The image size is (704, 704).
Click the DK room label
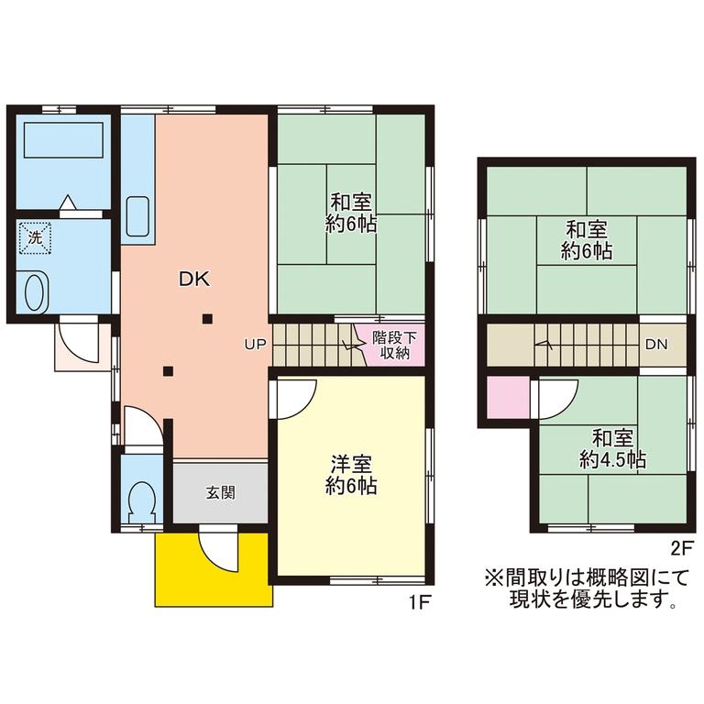(x=194, y=280)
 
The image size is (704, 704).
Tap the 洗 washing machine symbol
(x=35, y=238)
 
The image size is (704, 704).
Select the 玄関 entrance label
(x=220, y=493)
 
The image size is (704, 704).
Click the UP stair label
(x=256, y=345)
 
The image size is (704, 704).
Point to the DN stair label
(x=656, y=345)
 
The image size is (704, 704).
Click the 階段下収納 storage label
(x=395, y=345)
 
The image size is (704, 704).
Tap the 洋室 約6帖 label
(x=351, y=475)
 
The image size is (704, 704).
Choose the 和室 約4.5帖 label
(x=612, y=448)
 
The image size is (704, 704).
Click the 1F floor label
(x=419, y=602)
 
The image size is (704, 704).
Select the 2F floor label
(x=683, y=549)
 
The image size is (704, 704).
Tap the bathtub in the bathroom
(x=64, y=139)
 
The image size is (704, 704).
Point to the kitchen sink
(x=137, y=216)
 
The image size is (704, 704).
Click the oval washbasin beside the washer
(x=34, y=292)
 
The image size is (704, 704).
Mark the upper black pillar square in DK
(x=207, y=319)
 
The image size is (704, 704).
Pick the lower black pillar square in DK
(x=168, y=371)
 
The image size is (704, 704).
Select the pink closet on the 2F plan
(x=508, y=397)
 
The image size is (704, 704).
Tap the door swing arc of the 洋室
(x=305, y=407)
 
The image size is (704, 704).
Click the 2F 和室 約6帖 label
(x=587, y=240)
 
